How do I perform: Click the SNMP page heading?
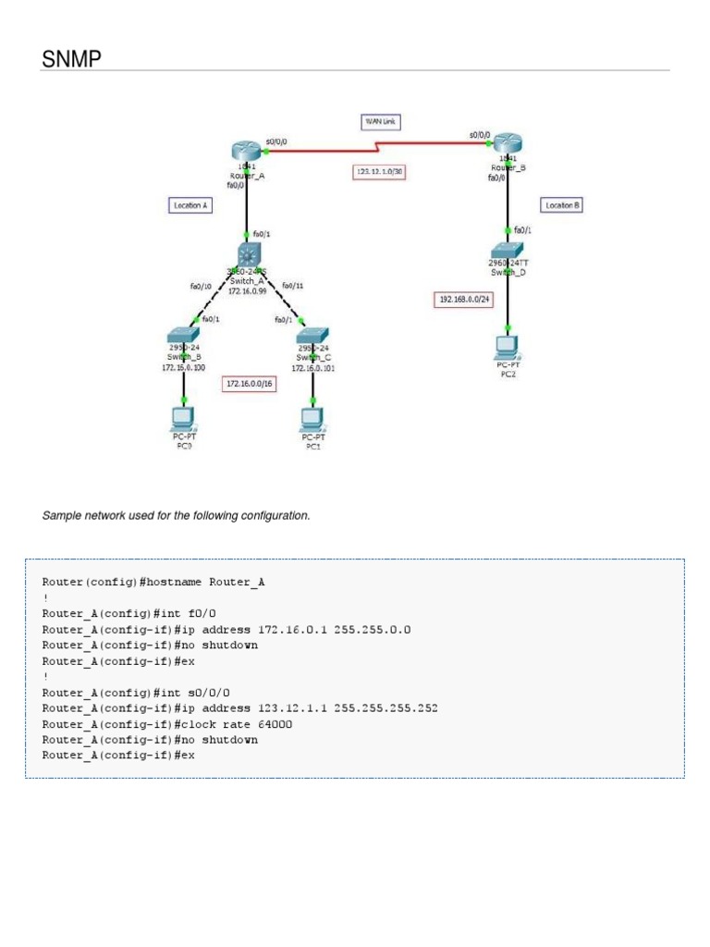tap(71, 59)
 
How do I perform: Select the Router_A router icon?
tap(248, 152)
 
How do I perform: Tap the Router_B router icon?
tap(507, 143)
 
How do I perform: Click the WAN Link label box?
tap(380, 121)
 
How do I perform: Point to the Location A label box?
tap(190, 204)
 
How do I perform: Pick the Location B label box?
tap(561, 204)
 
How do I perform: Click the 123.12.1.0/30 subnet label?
tap(380, 171)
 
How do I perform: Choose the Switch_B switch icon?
tap(183, 336)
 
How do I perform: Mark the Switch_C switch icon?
tap(313, 336)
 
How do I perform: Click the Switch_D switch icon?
tap(508, 249)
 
